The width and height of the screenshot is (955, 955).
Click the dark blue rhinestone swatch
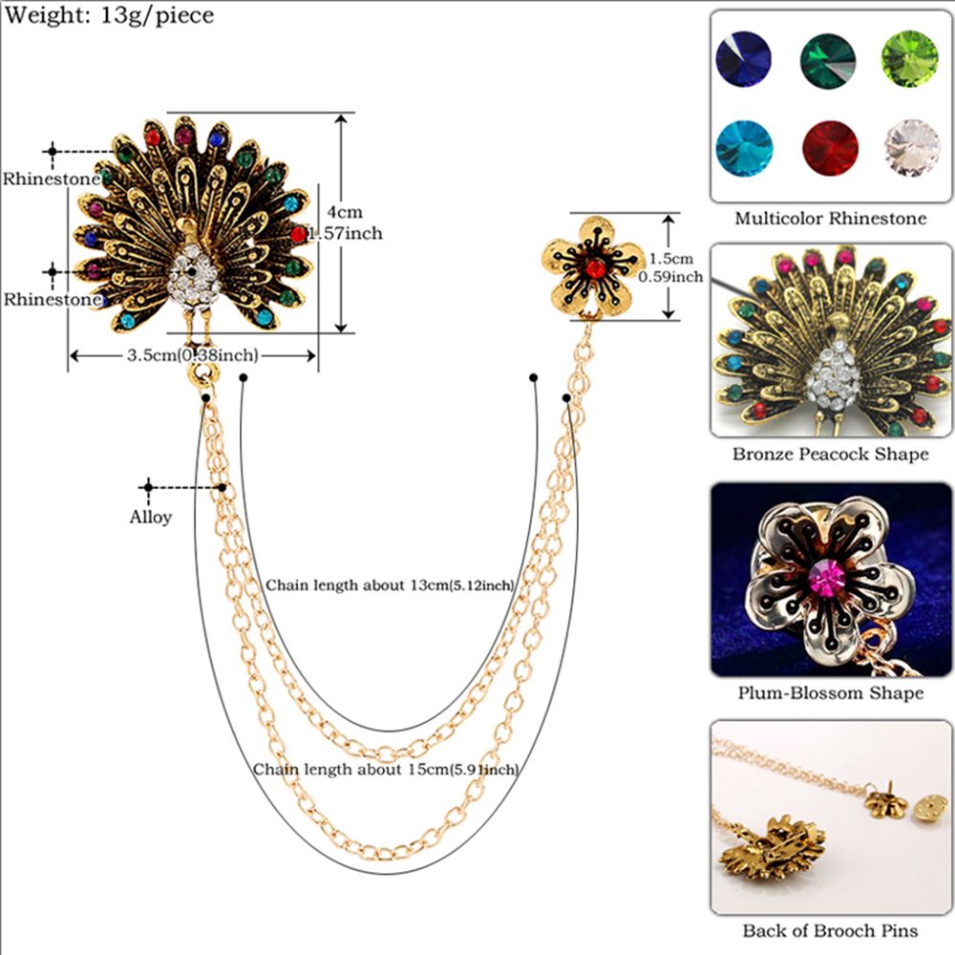click(x=744, y=59)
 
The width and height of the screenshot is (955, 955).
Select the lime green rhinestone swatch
click(x=909, y=59)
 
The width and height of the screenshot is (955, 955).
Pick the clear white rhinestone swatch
click(x=911, y=149)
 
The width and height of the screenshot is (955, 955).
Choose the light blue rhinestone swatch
click(x=744, y=149)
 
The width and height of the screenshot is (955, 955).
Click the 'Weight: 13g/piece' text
click(x=108, y=15)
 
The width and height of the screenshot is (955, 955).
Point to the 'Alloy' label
click(x=150, y=518)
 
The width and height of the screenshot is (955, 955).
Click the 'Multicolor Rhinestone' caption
click(x=830, y=219)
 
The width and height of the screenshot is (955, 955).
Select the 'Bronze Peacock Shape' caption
click(x=830, y=455)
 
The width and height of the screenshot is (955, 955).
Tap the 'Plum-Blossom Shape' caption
click(x=830, y=693)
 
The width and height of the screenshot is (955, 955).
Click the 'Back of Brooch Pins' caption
click(x=830, y=930)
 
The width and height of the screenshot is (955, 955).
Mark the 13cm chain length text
click(x=390, y=584)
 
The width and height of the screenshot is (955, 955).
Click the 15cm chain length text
click(x=386, y=769)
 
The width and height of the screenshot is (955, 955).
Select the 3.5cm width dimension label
click(x=192, y=355)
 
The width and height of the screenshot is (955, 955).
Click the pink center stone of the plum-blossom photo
click(x=826, y=576)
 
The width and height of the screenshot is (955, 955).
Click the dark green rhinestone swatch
click(x=827, y=59)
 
